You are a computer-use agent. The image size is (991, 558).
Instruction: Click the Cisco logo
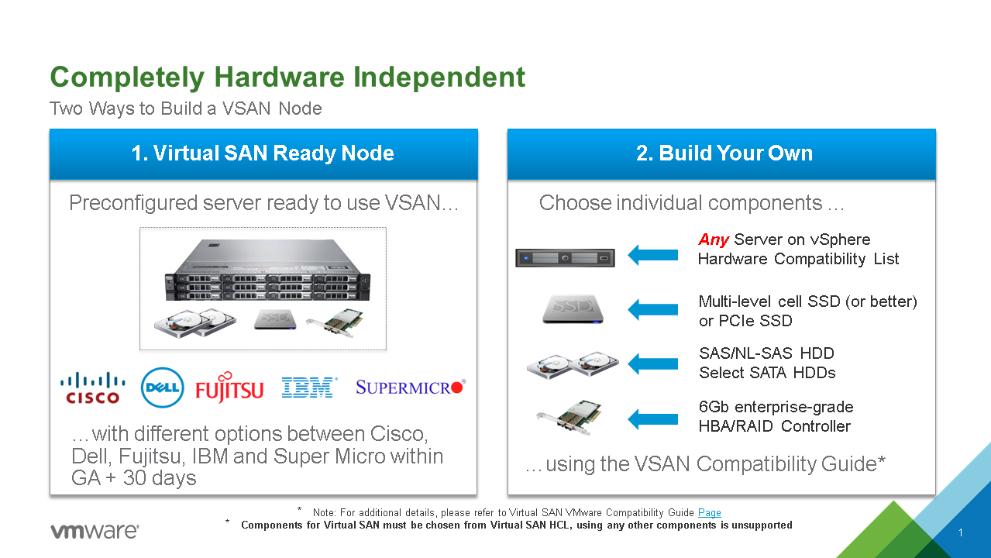[x=92, y=387]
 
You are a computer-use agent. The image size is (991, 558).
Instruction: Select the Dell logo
[x=162, y=387]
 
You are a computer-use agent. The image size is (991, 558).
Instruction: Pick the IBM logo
[x=309, y=387]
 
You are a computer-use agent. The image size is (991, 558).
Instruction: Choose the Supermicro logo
[x=409, y=387]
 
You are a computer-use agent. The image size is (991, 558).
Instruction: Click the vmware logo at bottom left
[x=95, y=531]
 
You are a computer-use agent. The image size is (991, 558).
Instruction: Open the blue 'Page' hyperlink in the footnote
[x=709, y=512]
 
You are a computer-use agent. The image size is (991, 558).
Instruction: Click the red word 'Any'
[x=714, y=239]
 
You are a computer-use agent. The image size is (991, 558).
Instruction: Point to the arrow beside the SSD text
[x=653, y=310]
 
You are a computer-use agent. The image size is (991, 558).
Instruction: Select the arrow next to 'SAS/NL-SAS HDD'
[x=653, y=363]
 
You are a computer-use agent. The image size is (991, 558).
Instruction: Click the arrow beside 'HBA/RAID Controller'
[x=653, y=418]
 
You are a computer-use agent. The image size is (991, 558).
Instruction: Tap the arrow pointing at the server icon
[x=653, y=255]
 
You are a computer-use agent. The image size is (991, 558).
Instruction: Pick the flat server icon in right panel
[x=565, y=257]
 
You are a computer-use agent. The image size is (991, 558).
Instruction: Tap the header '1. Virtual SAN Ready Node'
[x=263, y=153]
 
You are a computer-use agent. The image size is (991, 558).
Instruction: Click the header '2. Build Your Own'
[x=724, y=153]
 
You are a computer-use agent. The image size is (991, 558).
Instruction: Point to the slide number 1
[x=960, y=533]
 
